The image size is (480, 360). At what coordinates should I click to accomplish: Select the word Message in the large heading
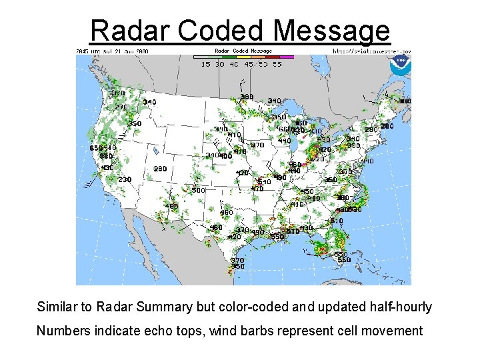331,31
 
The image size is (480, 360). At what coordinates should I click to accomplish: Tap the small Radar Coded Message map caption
243,51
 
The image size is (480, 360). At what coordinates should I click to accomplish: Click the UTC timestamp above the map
112,51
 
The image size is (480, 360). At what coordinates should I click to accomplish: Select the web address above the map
371,51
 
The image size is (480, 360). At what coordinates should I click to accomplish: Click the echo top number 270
121,107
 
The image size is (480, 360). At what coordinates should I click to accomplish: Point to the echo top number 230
125,179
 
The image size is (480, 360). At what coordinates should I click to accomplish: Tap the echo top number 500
198,190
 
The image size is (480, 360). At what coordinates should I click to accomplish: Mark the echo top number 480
171,207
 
